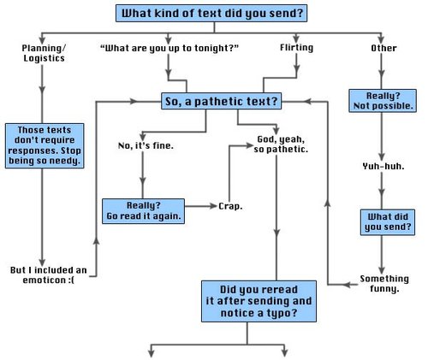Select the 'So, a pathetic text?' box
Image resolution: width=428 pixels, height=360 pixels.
click(x=220, y=102)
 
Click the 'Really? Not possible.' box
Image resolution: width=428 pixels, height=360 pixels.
click(x=383, y=99)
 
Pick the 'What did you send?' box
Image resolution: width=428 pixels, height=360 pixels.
click(x=383, y=221)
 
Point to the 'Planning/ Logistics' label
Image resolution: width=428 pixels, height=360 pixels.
click(x=44, y=53)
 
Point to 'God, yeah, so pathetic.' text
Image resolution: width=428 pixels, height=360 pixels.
click(x=282, y=144)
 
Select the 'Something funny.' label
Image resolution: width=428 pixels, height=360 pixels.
click(x=378, y=283)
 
